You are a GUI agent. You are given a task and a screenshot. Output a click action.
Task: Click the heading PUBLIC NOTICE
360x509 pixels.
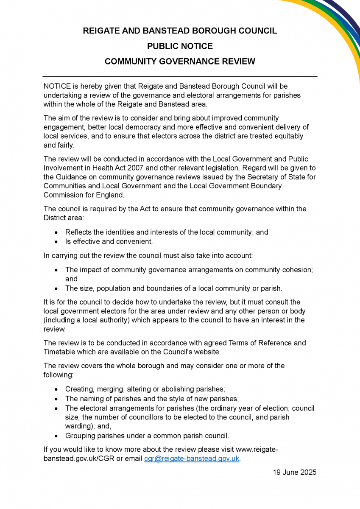180,46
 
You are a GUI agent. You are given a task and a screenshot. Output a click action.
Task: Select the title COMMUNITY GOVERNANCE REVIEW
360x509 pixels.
180,62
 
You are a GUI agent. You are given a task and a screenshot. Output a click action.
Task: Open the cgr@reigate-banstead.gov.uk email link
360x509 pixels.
192,459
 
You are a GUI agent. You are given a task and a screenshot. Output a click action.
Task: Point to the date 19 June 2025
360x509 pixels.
295,473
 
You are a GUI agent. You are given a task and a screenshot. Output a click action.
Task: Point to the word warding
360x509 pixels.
79,426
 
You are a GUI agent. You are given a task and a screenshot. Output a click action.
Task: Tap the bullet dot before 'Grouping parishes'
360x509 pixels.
56,436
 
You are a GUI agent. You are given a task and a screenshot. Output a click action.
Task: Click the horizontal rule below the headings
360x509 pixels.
180,77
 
